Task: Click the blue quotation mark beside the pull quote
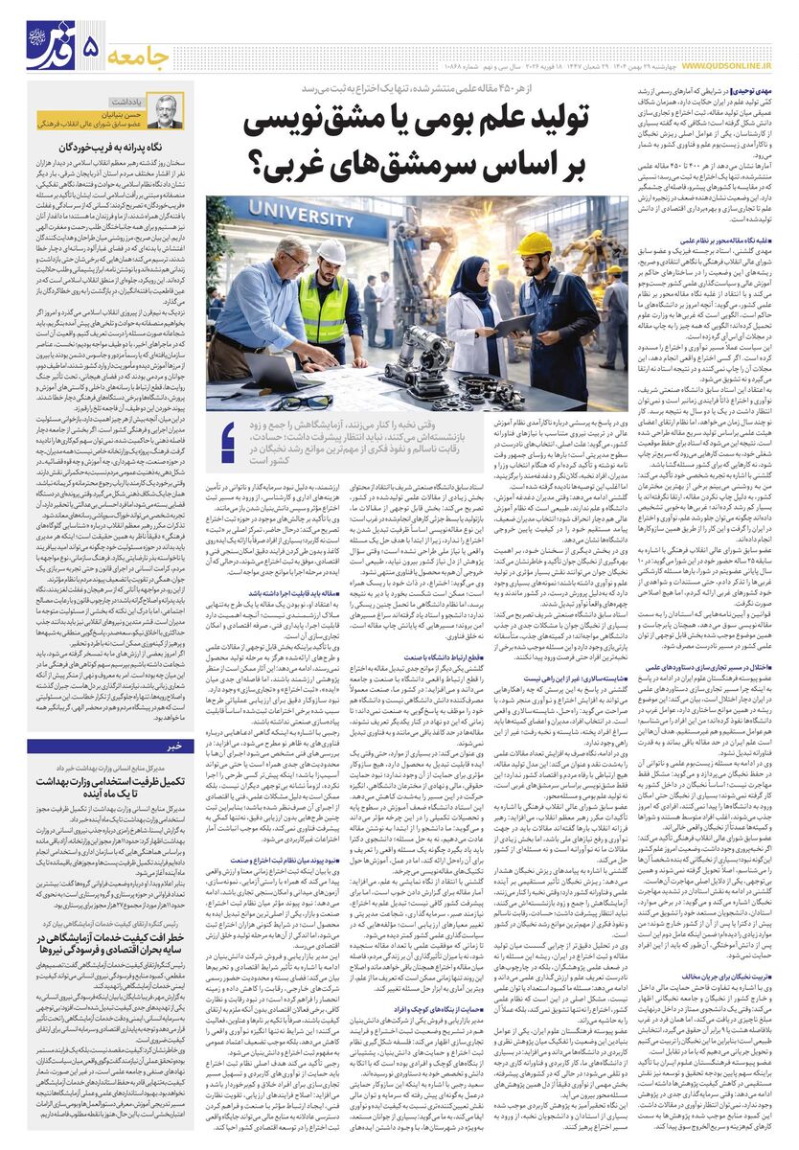tap(228, 442)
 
